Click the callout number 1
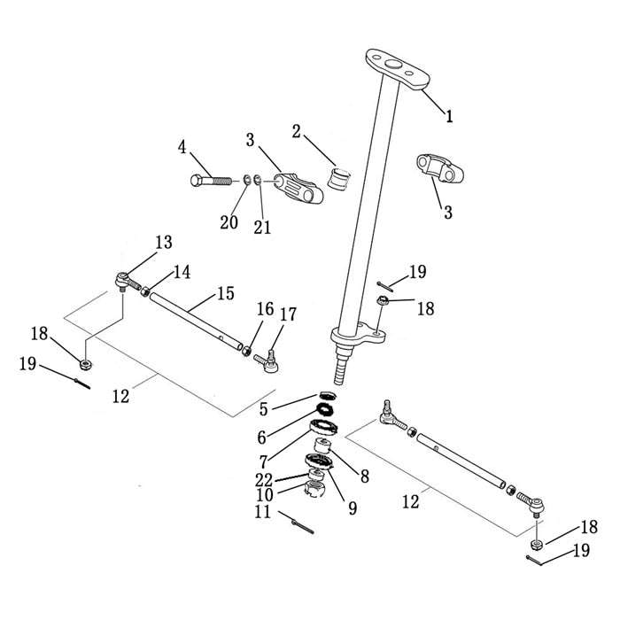tap(450, 115)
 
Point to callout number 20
tap(229, 222)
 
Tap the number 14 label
tap(182, 273)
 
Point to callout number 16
tap(265, 309)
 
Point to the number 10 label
tap(265, 494)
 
